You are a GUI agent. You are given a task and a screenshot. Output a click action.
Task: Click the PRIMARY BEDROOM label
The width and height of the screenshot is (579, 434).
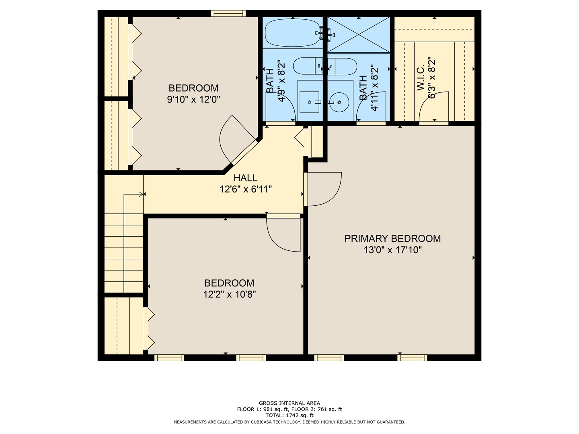[x=392, y=238]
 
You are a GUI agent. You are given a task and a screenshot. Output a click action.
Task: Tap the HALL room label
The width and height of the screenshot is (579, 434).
[x=245, y=178]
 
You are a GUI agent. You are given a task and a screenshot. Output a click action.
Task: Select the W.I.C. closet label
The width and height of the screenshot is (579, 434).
[x=421, y=78]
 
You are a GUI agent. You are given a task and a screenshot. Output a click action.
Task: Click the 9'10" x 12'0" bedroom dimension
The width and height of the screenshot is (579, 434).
[x=194, y=100]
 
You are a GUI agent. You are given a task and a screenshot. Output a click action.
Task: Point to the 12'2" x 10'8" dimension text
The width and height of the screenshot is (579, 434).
[x=230, y=294]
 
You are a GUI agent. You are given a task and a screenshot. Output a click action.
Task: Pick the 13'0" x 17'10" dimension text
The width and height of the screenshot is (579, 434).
[x=393, y=250]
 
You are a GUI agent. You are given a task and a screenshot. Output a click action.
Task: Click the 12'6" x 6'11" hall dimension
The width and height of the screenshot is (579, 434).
[x=246, y=189]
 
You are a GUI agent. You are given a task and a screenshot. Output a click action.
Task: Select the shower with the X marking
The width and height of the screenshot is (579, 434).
[x=359, y=35]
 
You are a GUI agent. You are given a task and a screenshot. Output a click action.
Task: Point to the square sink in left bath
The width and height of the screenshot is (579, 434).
[x=309, y=102]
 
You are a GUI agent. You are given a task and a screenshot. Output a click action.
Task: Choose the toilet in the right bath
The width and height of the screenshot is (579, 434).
[x=343, y=66]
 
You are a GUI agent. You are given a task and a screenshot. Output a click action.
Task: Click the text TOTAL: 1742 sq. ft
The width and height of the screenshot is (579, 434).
[x=289, y=415]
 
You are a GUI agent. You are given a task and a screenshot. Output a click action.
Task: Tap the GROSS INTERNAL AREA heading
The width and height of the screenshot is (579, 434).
[x=289, y=403]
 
